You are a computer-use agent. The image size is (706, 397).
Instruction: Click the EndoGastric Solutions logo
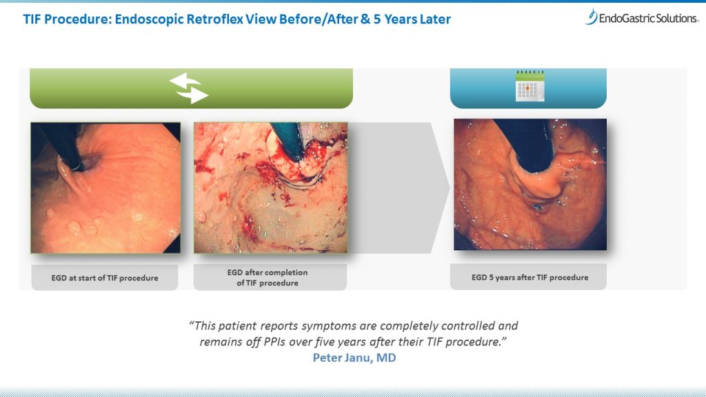642,17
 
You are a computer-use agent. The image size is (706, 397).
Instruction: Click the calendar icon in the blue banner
529,85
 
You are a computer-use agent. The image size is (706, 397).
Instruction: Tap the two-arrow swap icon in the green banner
188,88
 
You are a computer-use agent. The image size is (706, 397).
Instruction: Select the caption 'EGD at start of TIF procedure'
105,278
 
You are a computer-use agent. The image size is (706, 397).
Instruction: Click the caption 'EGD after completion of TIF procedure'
268,277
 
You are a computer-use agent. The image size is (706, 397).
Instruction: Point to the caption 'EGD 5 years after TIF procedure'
529,277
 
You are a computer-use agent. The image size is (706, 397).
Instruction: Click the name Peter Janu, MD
354,358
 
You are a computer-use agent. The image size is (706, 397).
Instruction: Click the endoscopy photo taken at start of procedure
105,187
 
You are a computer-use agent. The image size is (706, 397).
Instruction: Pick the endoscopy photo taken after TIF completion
270,187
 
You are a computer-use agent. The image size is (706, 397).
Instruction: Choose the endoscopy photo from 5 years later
530,185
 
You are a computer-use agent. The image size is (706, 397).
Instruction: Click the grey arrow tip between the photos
449,187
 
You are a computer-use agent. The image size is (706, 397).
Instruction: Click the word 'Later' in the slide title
435,19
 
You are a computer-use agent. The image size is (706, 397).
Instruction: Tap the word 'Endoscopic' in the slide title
149,19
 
